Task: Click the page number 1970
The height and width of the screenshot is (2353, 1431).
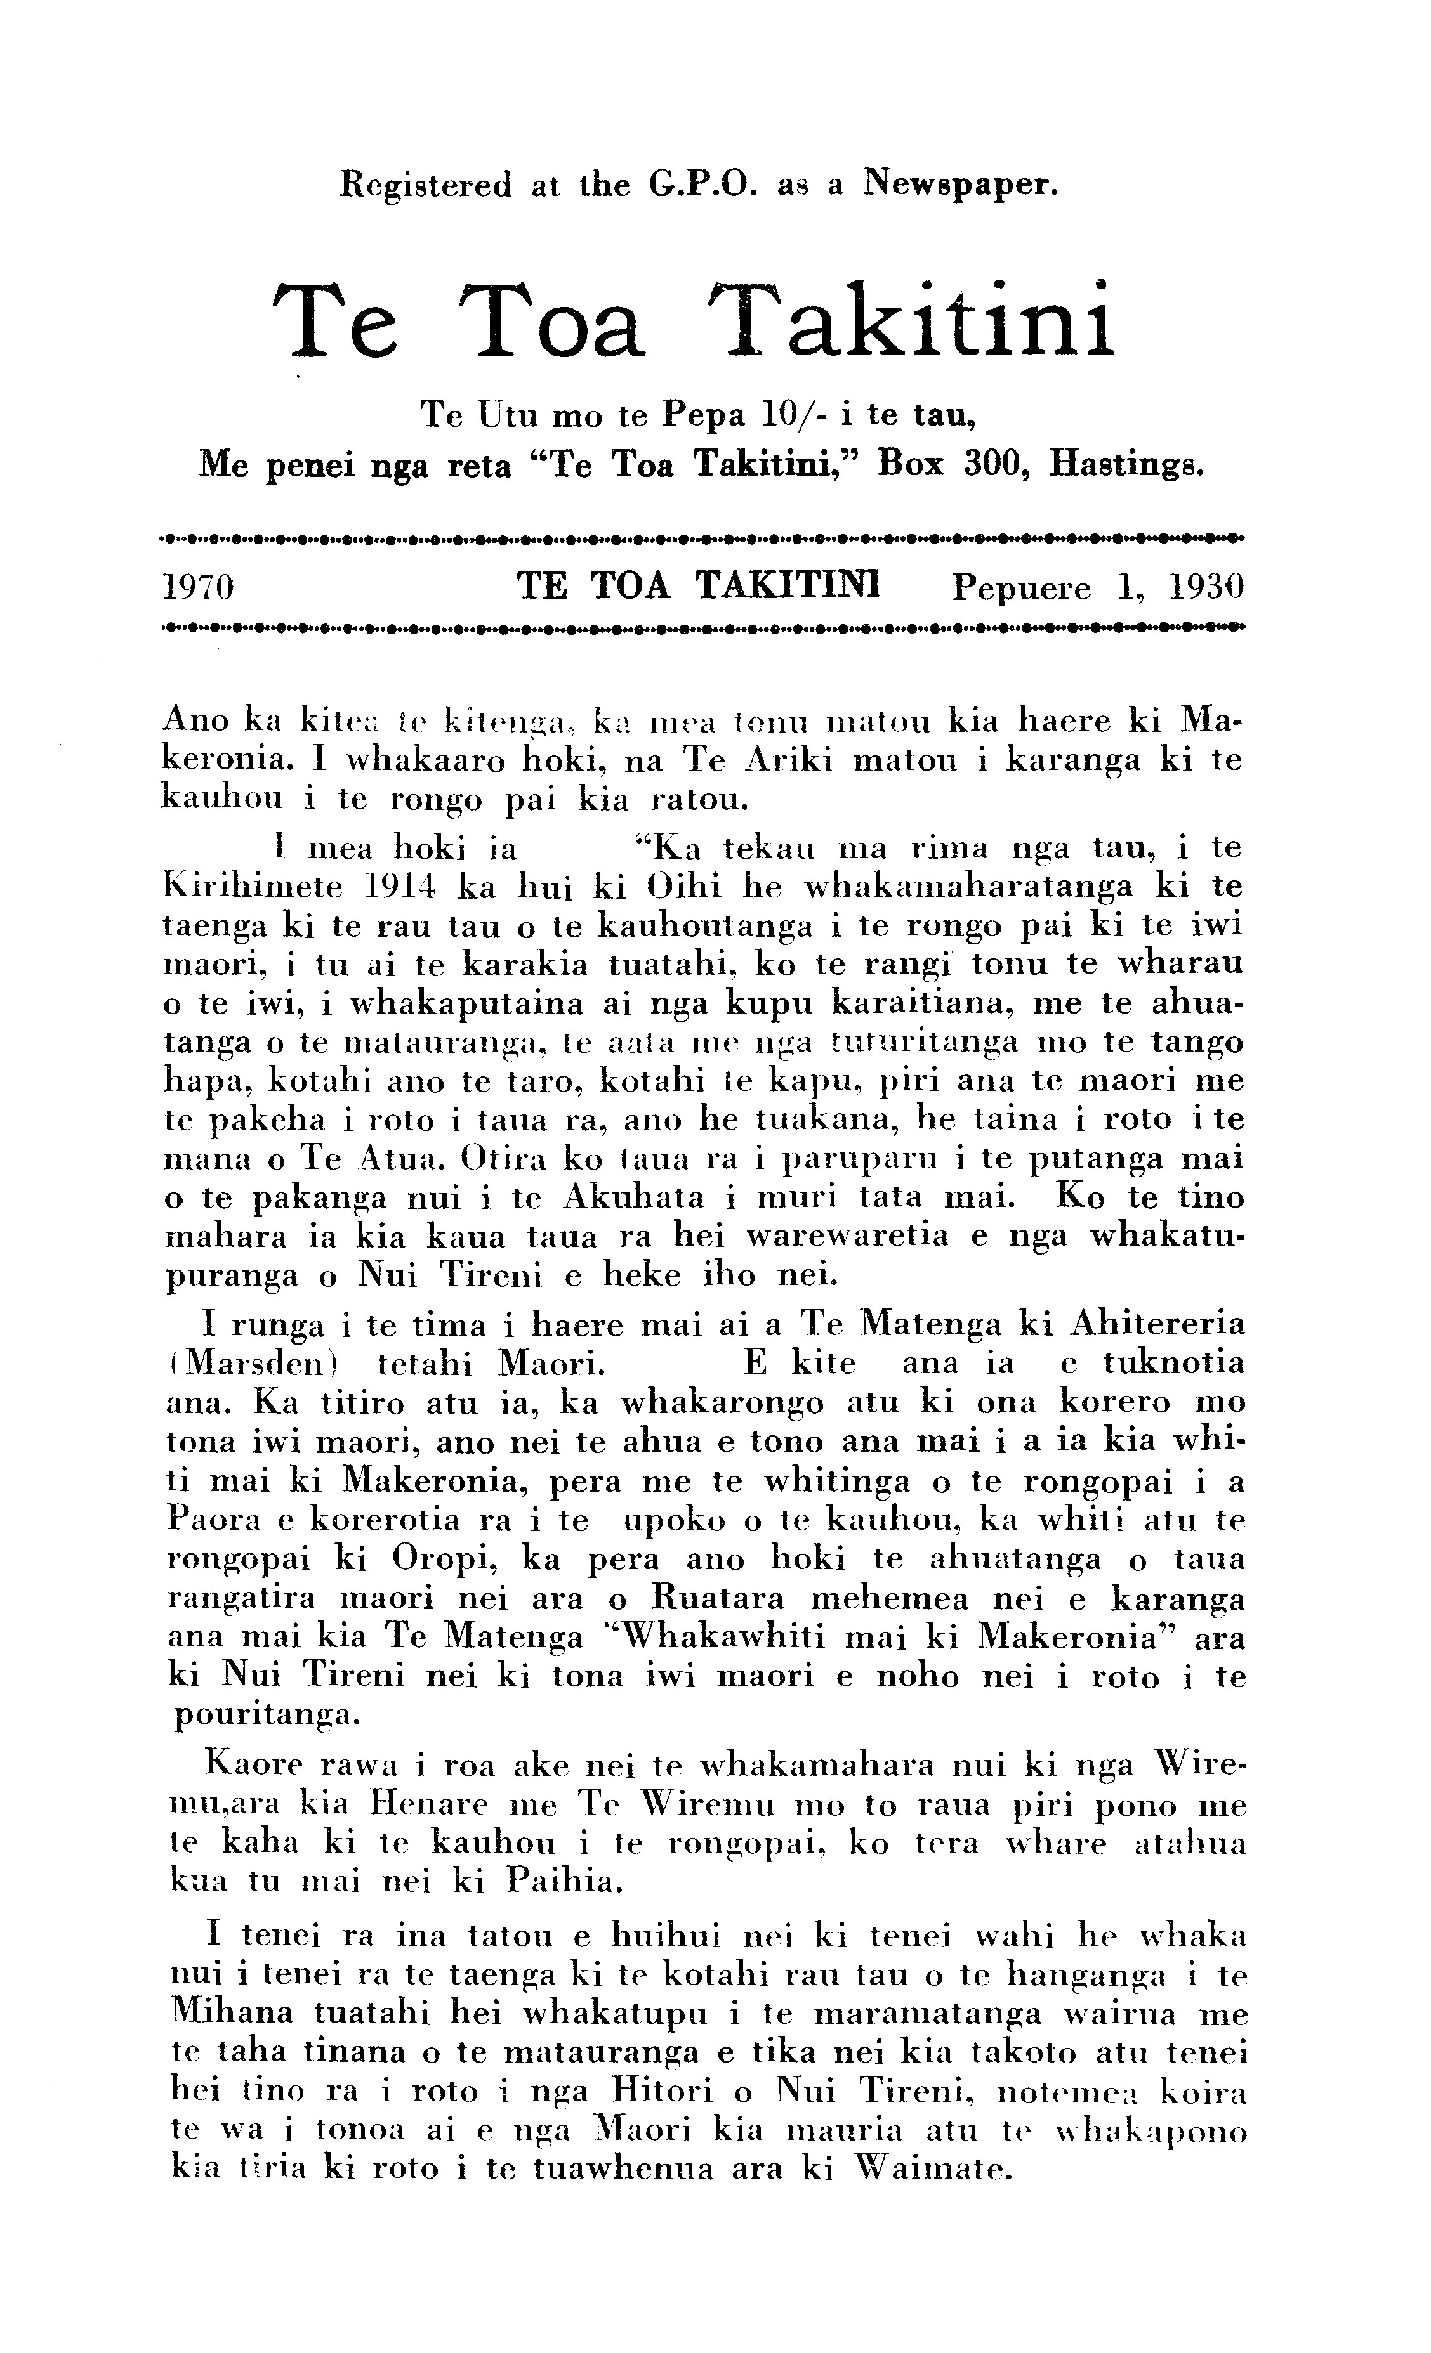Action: click(x=200, y=586)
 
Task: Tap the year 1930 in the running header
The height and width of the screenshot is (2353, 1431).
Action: click(x=1204, y=586)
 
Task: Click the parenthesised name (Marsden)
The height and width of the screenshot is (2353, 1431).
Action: click(x=256, y=1363)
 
